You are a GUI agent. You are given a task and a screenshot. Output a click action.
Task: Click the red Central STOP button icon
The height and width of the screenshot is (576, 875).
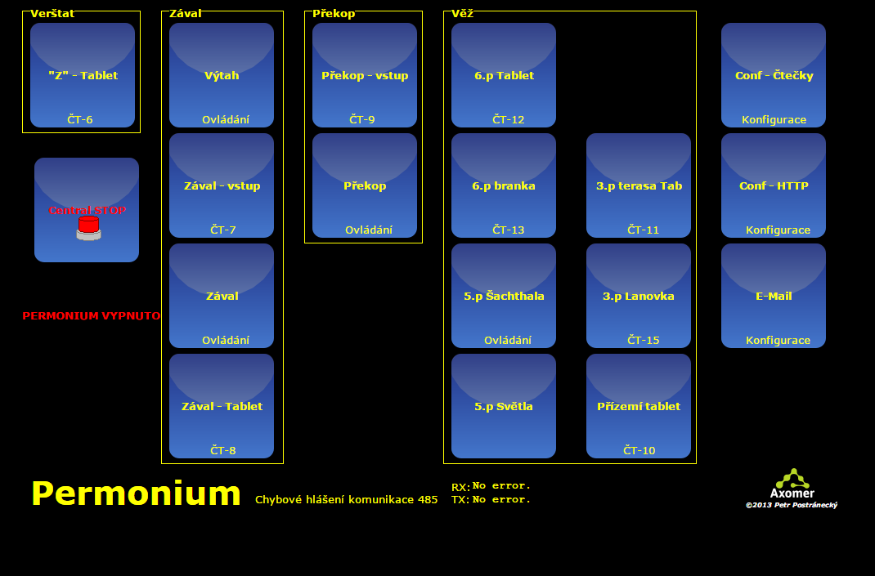click(x=89, y=228)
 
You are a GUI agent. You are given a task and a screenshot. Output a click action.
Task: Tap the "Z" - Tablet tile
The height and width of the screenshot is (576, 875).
click(x=83, y=75)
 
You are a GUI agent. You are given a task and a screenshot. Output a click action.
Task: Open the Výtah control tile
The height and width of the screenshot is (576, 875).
click(x=222, y=75)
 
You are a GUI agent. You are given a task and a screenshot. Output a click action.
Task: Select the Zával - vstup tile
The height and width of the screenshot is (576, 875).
click(x=222, y=185)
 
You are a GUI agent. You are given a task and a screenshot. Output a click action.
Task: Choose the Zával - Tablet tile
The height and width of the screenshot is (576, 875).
click(x=222, y=406)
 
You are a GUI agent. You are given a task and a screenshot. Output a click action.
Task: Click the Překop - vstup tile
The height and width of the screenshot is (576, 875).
click(x=365, y=75)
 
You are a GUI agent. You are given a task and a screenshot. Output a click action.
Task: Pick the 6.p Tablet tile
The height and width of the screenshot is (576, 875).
click(x=504, y=75)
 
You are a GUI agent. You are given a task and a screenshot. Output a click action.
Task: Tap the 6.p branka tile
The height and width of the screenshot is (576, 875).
click(x=504, y=185)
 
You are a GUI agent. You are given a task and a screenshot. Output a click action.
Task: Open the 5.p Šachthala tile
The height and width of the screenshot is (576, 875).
click(x=504, y=296)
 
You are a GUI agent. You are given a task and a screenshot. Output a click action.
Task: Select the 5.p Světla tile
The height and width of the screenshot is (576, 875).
click(x=504, y=406)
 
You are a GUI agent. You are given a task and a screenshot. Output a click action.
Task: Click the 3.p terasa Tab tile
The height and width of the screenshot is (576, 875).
click(x=639, y=185)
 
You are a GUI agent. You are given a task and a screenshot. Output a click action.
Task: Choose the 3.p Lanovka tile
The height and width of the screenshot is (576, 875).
click(x=639, y=296)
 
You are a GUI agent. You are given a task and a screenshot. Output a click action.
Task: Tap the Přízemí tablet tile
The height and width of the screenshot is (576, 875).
click(x=639, y=406)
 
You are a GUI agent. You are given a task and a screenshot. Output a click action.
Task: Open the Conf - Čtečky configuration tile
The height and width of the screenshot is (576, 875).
click(x=774, y=75)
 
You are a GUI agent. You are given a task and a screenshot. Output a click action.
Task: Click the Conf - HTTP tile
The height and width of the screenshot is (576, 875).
click(x=774, y=185)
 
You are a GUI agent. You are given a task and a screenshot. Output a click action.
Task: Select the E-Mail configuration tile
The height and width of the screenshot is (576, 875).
click(x=774, y=296)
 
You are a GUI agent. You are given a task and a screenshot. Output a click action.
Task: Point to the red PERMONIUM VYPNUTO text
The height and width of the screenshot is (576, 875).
click(x=92, y=316)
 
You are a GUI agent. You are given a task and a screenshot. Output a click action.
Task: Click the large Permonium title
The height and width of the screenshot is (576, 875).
click(x=137, y=493)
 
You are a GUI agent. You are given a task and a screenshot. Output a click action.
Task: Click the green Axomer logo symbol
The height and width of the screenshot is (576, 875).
click(x=792, y=478)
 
